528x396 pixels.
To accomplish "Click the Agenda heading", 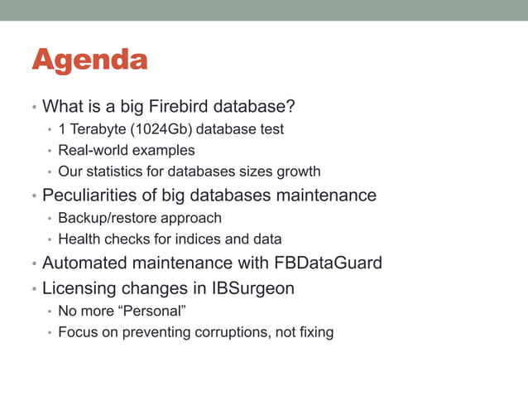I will point(89,60).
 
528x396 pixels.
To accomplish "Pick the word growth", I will point(299,172).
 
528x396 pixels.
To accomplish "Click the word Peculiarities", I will point(90,196).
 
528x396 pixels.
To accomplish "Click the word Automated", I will point(84,264).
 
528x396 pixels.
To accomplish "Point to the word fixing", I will point(314,332).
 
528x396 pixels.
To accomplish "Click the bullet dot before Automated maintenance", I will point(33,265).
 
